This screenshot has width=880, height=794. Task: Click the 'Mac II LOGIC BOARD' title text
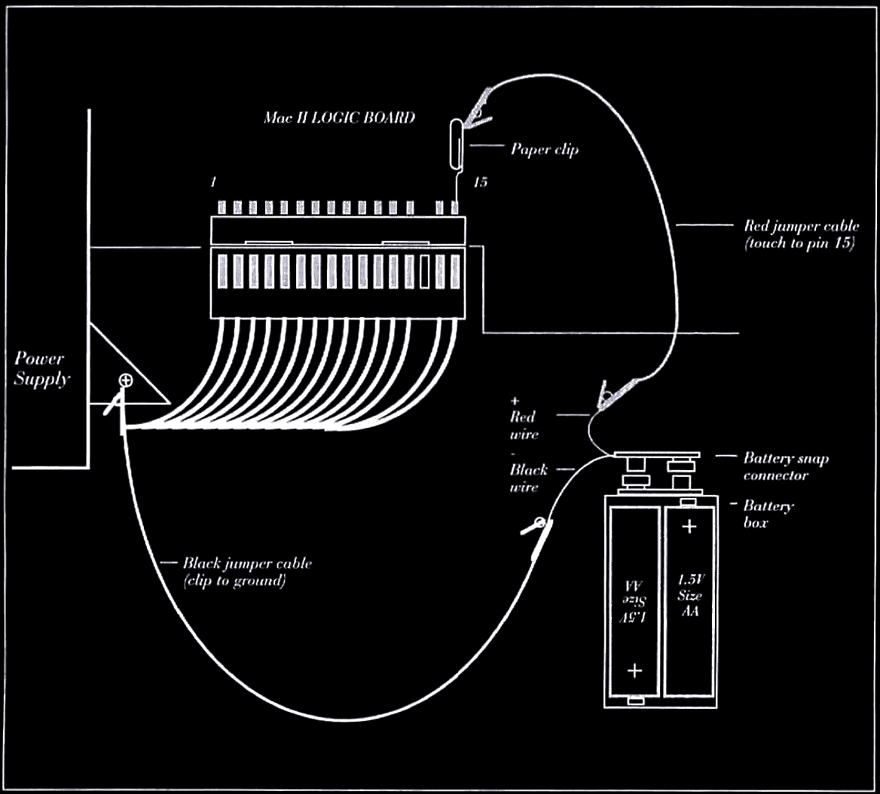tap(340, 118)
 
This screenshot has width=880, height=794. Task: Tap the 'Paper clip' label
tap(545, 149)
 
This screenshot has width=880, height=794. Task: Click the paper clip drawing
tap(457, 144)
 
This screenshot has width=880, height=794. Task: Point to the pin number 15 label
tap(481, 182)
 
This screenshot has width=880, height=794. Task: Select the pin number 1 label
tap(213, 182)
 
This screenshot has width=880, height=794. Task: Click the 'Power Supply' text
tap(41, 368)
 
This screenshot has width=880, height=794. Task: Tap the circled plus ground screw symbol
tap(126, 381)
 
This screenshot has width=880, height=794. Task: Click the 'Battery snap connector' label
tap(786, 467)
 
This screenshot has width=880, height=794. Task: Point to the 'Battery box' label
tap(768, 514)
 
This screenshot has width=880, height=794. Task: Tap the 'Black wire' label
tap(528, 478)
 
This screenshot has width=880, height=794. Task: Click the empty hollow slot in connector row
tap(424, 272)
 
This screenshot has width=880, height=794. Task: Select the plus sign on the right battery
tap(689, 527)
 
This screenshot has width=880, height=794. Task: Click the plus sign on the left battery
tap(634, 670)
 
